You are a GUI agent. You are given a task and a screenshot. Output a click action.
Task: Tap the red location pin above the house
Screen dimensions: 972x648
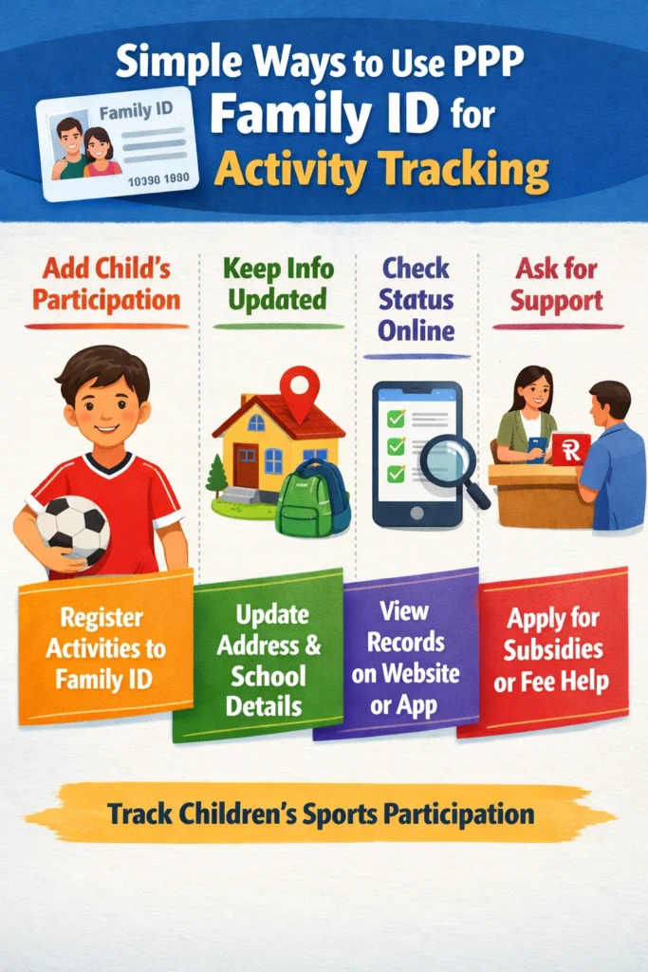[x=300, y=393]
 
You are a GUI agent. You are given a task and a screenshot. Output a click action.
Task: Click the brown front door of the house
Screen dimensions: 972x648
[x=246, y=464]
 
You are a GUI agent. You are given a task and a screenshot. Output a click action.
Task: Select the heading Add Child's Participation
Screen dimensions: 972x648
[x=106, y=285]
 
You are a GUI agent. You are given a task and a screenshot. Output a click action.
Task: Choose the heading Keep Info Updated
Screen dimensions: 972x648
[x=277, y=285]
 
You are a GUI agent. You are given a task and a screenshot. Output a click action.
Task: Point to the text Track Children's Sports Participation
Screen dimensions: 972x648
[x=321, y=813]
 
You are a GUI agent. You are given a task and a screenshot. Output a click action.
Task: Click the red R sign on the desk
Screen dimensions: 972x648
[x=571, y=450]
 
